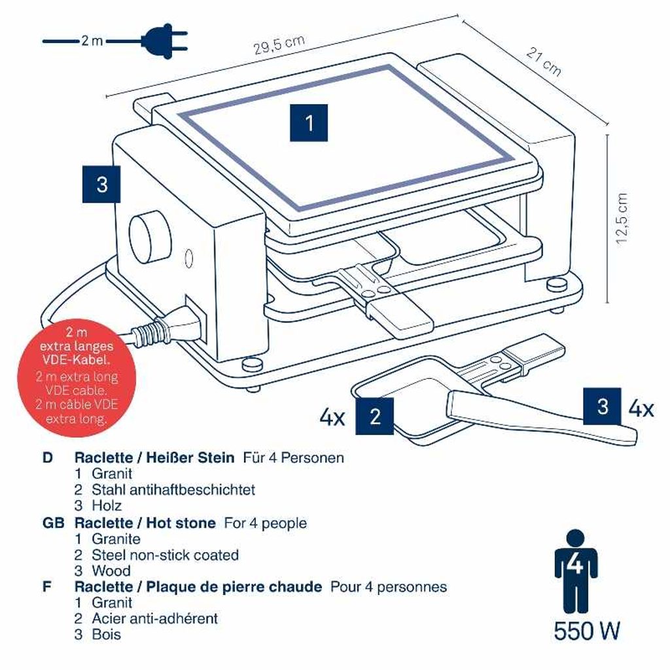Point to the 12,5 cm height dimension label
pos(622,219)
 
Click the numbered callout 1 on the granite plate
pos(309,122)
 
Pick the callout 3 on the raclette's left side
pos(101,184)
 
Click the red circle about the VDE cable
pos(77,378)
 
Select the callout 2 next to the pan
pos(374,417)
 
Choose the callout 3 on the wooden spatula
pos(602,407)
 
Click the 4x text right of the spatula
pos(641,409)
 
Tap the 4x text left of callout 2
pos(332,417)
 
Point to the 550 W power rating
pos(586,631)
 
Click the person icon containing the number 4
pos(576,569)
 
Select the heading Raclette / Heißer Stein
pos(154,457)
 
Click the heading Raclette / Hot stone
pos(145,523)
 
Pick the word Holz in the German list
pos(107,505)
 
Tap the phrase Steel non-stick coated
pos(165,555)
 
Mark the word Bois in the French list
pos(106,634)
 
